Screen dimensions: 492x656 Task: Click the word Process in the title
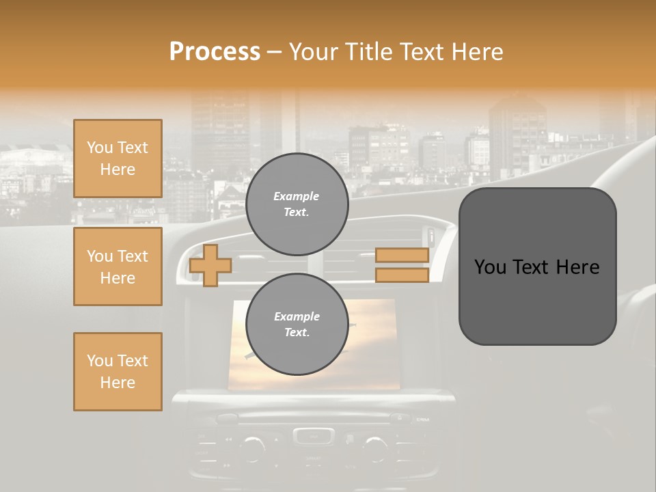(215, 52)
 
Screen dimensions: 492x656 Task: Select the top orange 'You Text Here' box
(118, 159)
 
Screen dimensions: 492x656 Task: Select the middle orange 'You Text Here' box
(118, 266)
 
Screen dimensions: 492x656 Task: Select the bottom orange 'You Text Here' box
(118, 372)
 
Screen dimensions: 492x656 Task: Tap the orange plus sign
(210, 265)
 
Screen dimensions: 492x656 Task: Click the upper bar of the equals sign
(402, 256)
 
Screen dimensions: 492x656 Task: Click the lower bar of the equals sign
(402, 275)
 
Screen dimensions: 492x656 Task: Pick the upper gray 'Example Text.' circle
(297, 204)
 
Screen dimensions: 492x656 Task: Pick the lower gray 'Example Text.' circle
(297, 324)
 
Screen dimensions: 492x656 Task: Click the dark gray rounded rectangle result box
(537, 266)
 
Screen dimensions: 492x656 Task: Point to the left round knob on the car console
(252, 447)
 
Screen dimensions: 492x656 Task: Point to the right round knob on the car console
(375, 447)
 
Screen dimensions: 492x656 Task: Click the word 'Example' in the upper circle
(296, 196)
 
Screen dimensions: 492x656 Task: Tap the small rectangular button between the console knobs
(314, 435)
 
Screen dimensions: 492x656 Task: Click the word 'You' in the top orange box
(99, 148)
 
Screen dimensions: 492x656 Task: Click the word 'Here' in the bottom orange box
(118, 383)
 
